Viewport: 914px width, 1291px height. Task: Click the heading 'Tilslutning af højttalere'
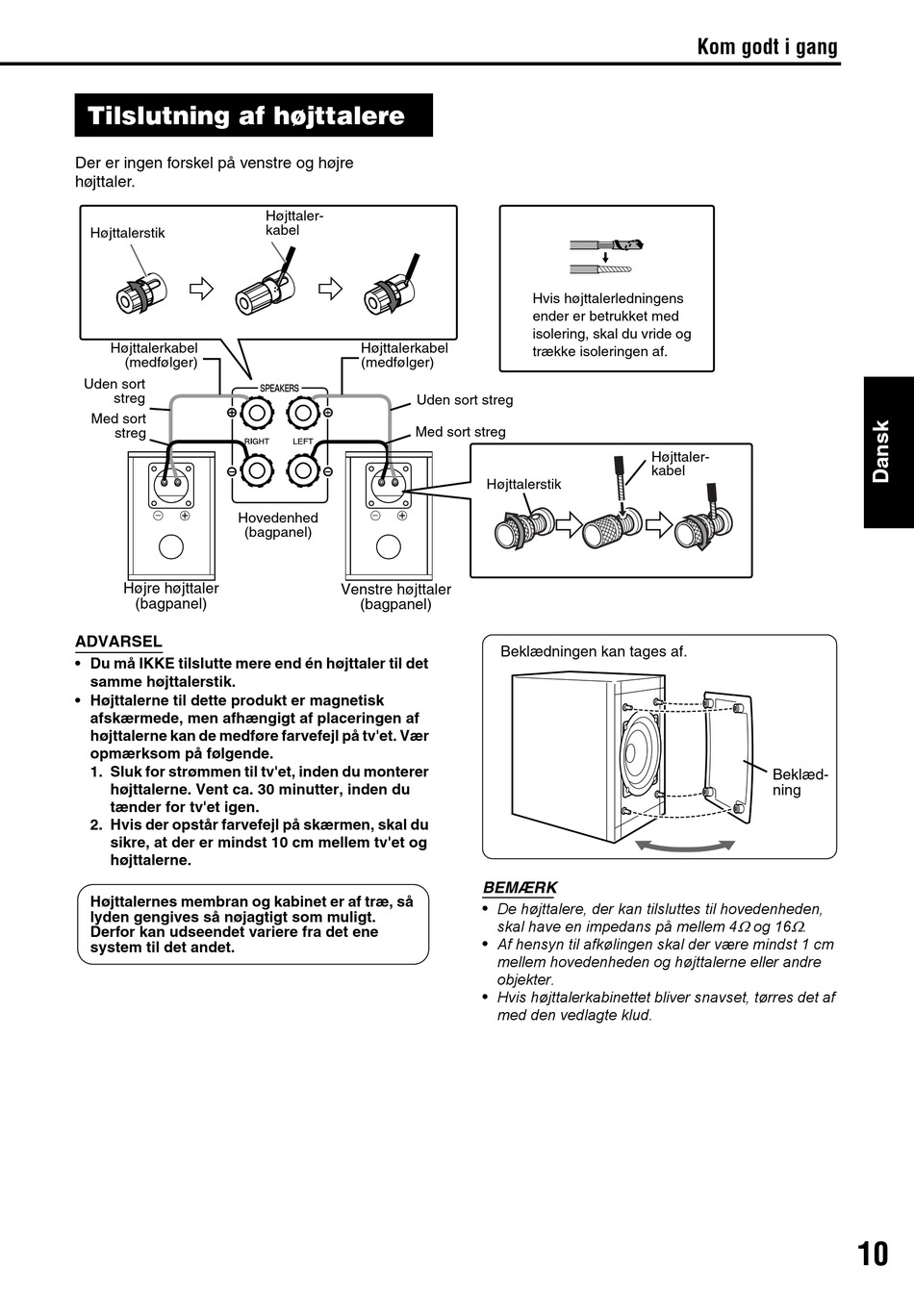pyautogui.click(x=246, y=116)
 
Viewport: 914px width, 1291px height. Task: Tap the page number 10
pyautogui.click(x=873, y=1253)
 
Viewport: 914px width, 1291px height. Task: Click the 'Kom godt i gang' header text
pyautogui.click(x=767, y=46)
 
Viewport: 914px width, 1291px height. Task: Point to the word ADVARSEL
pyautogui.click(x=118, y=642)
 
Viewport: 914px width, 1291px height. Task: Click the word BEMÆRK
pyautogui.click(x=520, y=888)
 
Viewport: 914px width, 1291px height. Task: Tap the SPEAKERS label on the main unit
pyautogui.click(x=279, y=388)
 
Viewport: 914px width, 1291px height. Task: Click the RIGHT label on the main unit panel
pyautogui.click(x=257, y=442)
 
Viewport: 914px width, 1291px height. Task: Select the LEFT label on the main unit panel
pyautogui.click(x=303, y=442)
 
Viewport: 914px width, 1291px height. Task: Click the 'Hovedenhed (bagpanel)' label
pyautogui.click(x=278, y=524)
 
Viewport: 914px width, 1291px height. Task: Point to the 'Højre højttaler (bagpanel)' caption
pyautogui.click(x=171, y=596)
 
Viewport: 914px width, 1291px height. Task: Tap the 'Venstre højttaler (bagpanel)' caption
pyautogui.click(x=395, y=596)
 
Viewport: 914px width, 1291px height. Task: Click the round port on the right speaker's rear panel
pyautogui.click(x=170, y=546)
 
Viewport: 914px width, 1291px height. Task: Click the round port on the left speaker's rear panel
pyautogui.click(x=389, y=546)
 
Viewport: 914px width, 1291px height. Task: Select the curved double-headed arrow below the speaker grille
pyautogui.click(x=686, y=845)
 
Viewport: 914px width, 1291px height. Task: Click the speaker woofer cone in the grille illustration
pyautogui.click(x=640, y=757)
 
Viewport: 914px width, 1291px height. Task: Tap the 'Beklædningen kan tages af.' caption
pyautogui.click(x=594, y=651)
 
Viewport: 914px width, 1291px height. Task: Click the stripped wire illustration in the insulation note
pyautogui.click(x=606, y=257)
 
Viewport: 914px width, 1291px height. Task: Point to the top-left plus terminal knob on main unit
pyautogui.click(x=257, y=414)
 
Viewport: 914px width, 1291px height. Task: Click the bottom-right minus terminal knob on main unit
pyautogui.click(x=303, y=470)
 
